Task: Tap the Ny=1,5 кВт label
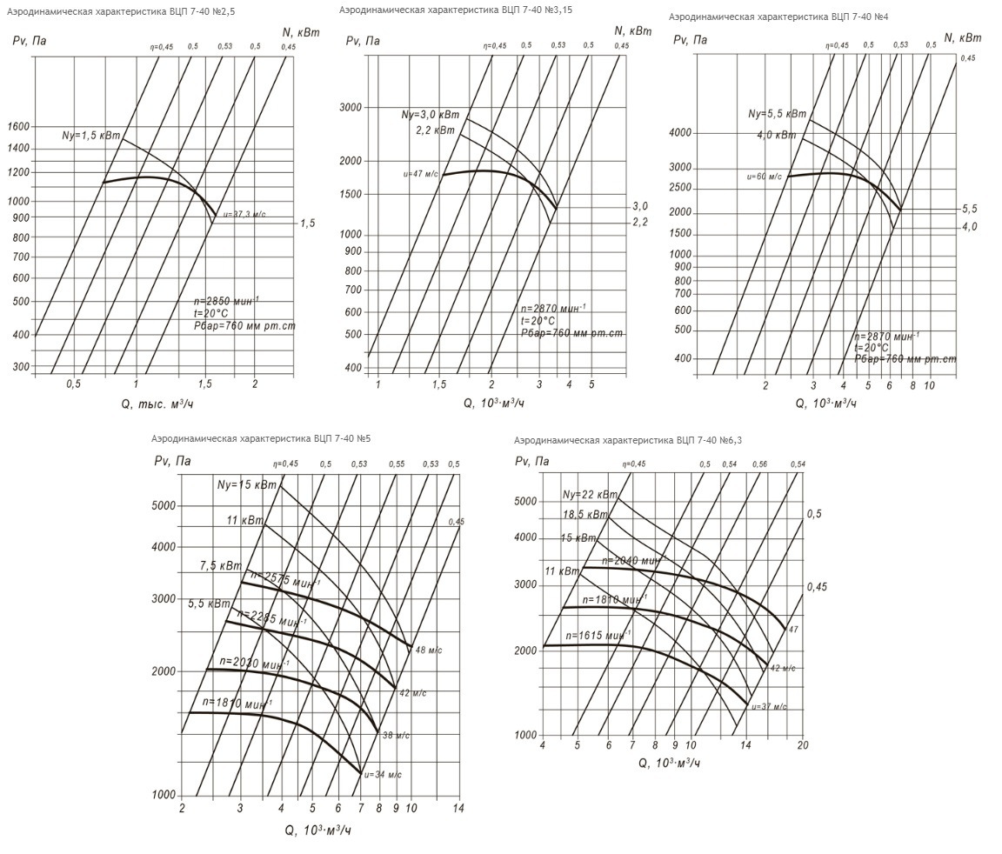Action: [90, 136]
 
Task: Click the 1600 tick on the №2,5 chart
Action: [17, 127]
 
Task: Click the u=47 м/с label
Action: [422, 174]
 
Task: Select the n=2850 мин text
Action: [225, 301]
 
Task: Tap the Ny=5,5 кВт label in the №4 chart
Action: [777, 114]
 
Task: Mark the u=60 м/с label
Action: [765, 177]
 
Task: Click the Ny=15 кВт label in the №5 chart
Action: [247, 485]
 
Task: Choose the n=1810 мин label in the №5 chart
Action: [237, 702]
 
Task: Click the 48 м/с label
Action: [426, 651]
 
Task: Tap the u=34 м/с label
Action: [383, 774]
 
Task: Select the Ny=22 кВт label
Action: [590, 495]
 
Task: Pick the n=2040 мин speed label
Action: [633, 561]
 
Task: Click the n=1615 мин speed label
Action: [598, 635]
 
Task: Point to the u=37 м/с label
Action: [769, 707]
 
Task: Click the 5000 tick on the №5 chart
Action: [164, 506]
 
